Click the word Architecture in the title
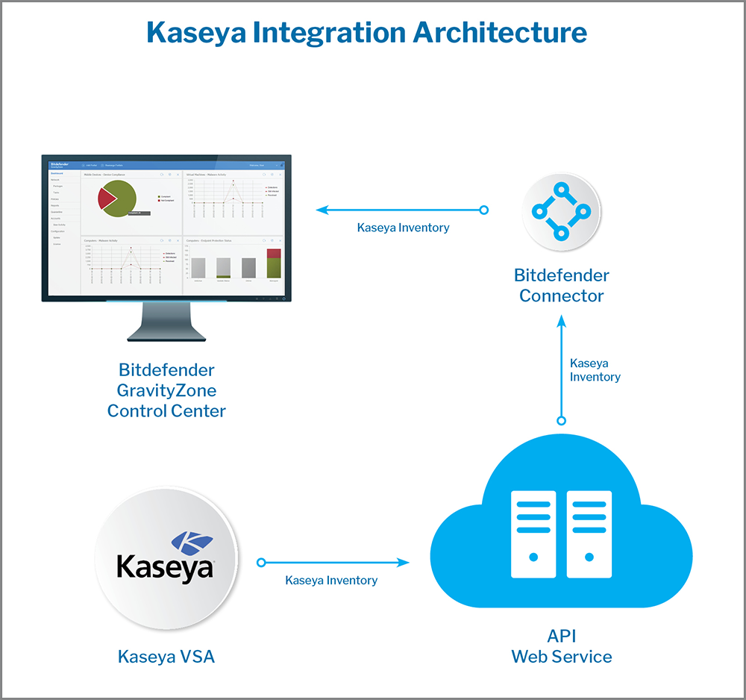499,34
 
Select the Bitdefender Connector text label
562,286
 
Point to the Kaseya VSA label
166,657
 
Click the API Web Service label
561,647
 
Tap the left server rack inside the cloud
533,534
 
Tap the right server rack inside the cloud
589,534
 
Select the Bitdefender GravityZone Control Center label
166,390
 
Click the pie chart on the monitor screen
116,199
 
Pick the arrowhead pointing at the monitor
322,210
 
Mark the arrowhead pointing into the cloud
405,563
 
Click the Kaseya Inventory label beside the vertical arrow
595,370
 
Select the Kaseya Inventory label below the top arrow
403,228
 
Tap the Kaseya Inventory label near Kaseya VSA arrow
331,580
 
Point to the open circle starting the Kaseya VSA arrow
262,563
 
